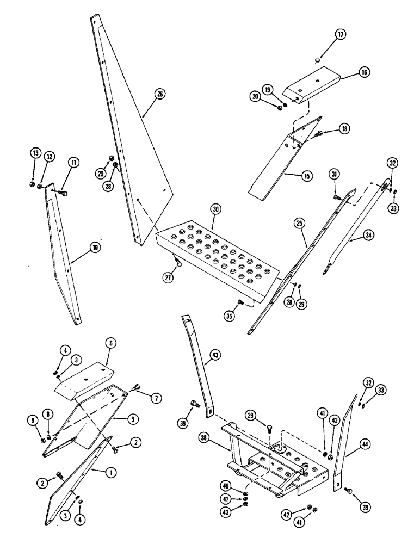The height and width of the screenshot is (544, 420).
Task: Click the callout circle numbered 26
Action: [x=160, y=94]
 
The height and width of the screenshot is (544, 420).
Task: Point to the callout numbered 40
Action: [x=225, y=486]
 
